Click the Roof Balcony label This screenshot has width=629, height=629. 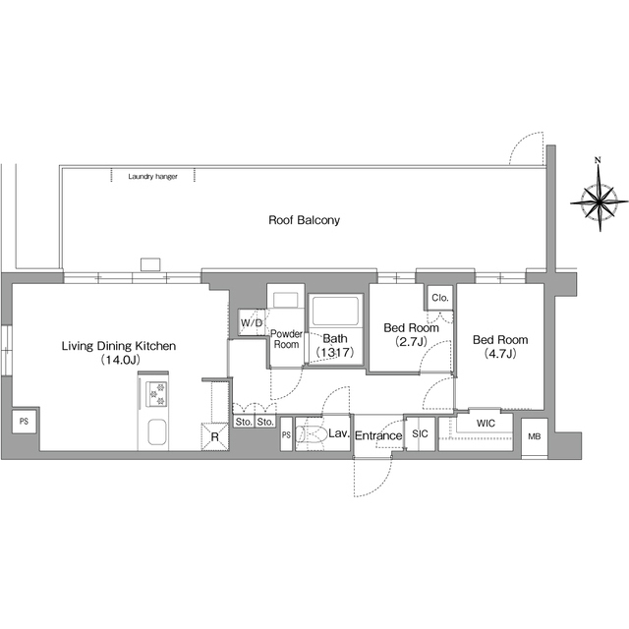(x=304, y=220)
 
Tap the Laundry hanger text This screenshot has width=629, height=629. (x=152, y=177)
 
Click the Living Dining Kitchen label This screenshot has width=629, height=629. (x=119, y=346)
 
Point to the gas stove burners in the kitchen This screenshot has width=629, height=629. (x=156, y=394)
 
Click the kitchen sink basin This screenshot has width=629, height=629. (x=157, y=432)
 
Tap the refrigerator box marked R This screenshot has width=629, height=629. (x=214, y=436)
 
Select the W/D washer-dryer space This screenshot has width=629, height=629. (x=252, y=322)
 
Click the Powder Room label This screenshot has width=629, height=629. (x=286, y=339)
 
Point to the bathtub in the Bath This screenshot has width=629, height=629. (x=335, y=312)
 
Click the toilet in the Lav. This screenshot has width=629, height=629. (x=312, y=434)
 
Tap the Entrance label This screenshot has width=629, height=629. (x=378, y=435)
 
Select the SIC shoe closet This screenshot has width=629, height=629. (x=420, y=434)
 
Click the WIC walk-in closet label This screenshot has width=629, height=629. (x=486, y=424)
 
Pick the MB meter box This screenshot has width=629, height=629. (x=535, y=436)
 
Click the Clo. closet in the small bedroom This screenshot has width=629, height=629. (x=440, y=298)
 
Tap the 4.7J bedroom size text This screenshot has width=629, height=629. (x=500, y=354)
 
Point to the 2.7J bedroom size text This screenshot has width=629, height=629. (x=411, y=342)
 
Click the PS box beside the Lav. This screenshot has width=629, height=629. (x=286, y=434)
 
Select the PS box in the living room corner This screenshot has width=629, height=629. (x=24, y=422)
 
